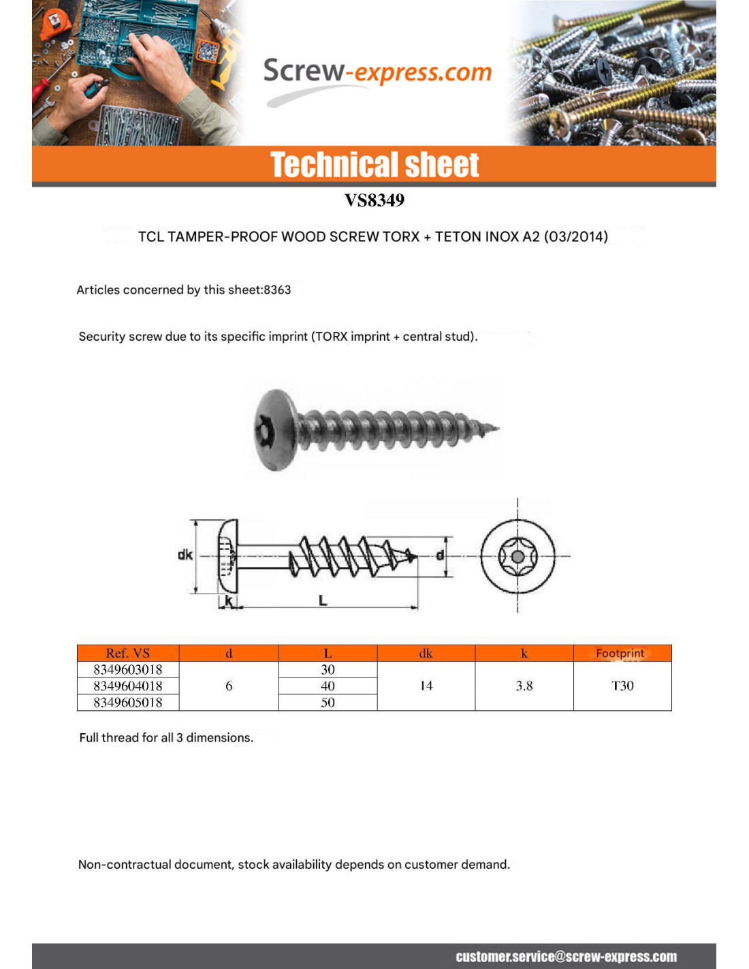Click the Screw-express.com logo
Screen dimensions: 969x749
click(377, 74)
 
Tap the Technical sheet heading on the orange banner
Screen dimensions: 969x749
click(374, 165)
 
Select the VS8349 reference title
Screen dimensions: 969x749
click(374, 200)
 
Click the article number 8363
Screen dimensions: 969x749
click(277, 290)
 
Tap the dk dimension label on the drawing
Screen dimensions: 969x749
click(185, 555)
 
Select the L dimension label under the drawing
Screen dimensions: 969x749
click(323, 600)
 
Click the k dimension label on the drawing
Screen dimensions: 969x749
click(229, 600)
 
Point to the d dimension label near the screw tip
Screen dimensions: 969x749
click(440, 555)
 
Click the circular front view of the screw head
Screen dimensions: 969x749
click(517, 556)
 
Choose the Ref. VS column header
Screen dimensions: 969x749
click(128, 653)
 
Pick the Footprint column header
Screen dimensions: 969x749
click(620, 653)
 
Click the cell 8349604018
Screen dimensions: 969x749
click(128, 686)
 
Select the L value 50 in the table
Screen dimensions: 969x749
click(328, 702)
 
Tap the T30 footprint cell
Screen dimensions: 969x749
click(622, 686)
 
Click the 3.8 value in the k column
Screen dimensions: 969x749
click(524, 686)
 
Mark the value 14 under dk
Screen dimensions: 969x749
click(426, 686)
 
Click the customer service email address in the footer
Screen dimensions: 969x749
click(566, 957)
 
